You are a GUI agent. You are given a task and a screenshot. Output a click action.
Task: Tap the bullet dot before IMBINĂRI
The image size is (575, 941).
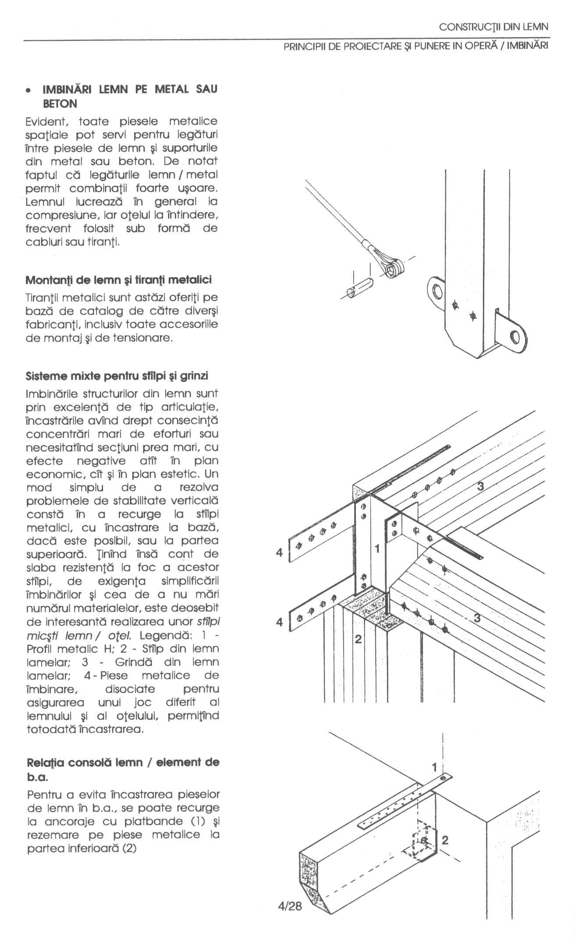(x=28, y=91)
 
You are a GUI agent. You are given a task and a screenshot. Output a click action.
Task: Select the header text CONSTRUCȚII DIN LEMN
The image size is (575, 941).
(x=493, y=27)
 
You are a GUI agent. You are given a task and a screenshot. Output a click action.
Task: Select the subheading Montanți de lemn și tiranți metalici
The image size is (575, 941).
(x=119, y=279)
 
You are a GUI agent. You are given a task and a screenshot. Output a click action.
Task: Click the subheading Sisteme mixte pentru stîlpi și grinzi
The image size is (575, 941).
(x=117, y=376)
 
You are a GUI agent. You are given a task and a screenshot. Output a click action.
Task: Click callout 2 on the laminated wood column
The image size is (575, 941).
(x=358, y=640)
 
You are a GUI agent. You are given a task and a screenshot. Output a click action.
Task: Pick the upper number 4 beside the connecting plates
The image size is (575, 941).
(x=280, y=553)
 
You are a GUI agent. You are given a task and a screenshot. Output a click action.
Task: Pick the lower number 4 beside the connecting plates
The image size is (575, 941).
(x=280, y=622)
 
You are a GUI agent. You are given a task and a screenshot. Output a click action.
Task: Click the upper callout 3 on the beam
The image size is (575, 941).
(x=481, y=486)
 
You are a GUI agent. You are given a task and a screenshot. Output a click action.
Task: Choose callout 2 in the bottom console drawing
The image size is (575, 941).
(x=445, y=840)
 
